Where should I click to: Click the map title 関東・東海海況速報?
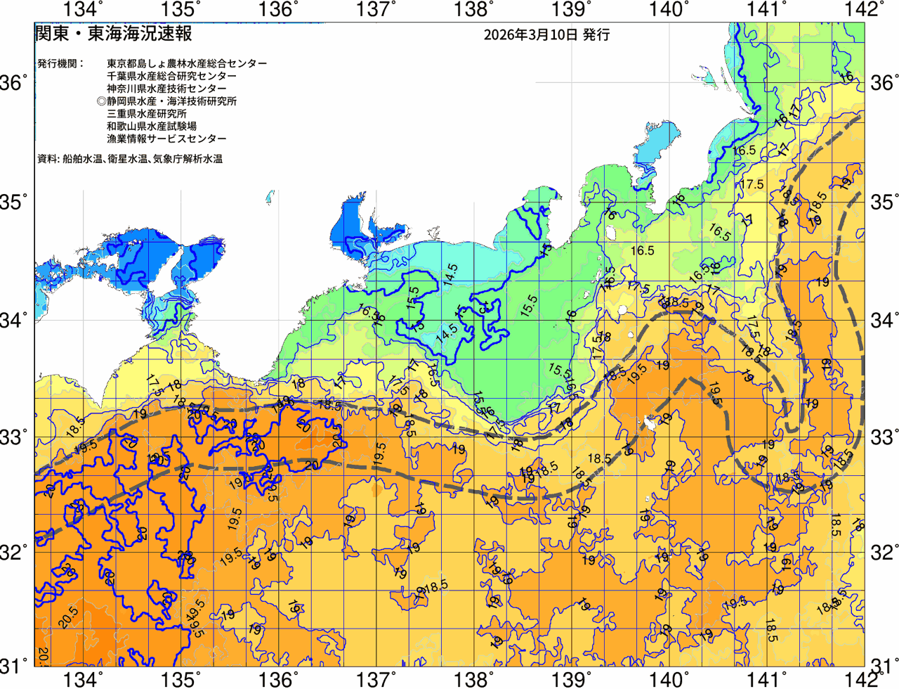point(113,34)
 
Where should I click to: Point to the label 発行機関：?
point(60,63)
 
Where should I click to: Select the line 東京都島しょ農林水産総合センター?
point(187,63)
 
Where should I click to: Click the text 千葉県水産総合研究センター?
point(172,76)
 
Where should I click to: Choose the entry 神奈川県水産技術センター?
point(166,89)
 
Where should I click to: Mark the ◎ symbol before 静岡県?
point(101,101)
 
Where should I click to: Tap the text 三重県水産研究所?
point(147,114)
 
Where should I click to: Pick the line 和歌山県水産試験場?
point(152,127)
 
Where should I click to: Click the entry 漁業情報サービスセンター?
point(166,139)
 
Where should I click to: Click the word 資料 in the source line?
point(46,159)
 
